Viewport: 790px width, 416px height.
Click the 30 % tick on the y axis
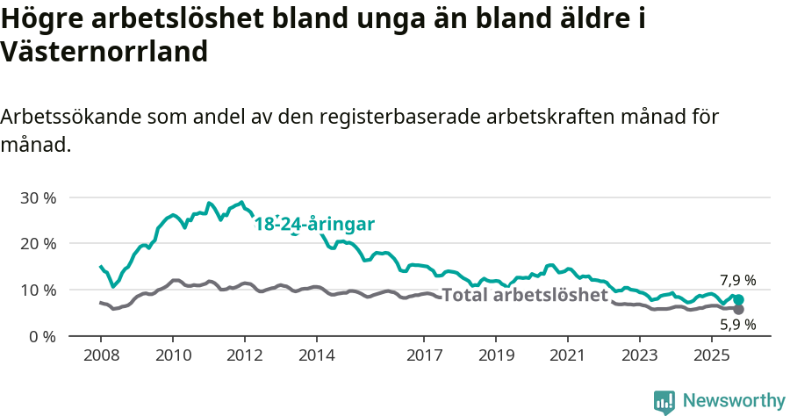click(x=38, y=197)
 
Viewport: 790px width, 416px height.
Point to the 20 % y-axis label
click(x=38, y=243)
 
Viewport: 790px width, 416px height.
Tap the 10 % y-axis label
click(x=38, y=290)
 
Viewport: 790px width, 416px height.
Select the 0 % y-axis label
click(x=42, y=336)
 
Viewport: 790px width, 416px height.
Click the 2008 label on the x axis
click(x=101, y=357)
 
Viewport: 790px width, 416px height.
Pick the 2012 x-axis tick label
click(x=245, y=357)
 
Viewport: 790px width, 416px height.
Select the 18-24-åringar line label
click(x=314, y=225)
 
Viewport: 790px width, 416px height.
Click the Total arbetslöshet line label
click(x=525, y=295)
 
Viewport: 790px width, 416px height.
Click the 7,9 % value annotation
click(x=737, y=281)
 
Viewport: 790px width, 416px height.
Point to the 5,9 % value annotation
click(x=737, y=325)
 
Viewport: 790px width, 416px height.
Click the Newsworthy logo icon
click(x=664, y=402)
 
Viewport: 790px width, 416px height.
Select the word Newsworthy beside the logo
click(x=734, y=401)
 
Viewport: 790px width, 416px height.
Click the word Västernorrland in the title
click(x=104, y=52)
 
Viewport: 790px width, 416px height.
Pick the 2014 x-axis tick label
click(x=317, y=357)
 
